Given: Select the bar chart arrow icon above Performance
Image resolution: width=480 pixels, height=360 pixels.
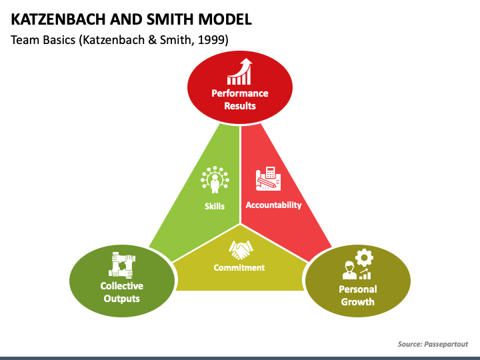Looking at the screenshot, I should tap(240, 71).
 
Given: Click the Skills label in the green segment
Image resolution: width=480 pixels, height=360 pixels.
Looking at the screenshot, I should tap(215, 206).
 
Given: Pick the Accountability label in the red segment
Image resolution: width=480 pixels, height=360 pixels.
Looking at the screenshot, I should tap(273, 205).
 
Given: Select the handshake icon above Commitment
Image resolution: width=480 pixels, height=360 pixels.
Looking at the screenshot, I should tap(240, 250).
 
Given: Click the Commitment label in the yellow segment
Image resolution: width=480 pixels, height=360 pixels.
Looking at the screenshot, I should tap(239, 267).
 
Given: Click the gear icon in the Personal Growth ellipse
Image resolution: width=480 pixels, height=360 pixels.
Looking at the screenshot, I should tap(363, 258).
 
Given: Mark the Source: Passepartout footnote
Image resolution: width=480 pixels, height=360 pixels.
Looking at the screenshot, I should tap(433, 344).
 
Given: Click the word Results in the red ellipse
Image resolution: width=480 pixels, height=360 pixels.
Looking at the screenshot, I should tap(240, 105).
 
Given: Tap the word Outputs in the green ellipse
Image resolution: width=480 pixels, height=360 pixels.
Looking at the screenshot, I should tap(122, 298).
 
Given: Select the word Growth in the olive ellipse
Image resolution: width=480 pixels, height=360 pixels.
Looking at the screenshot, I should tap(358, 301).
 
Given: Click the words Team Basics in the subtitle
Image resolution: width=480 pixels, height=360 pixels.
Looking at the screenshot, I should tap(41, 40).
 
